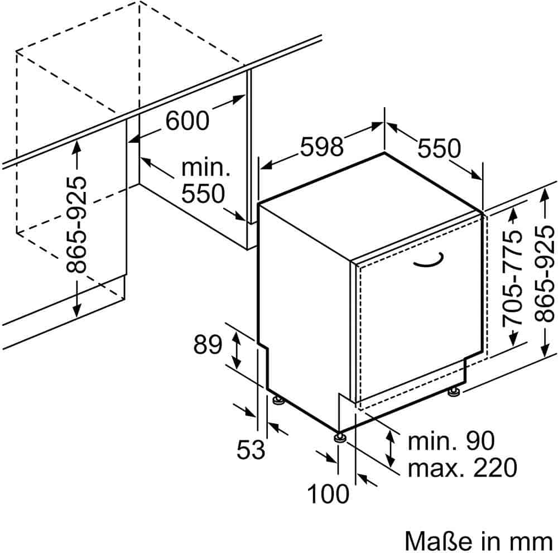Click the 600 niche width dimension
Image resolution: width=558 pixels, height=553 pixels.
pyautogui.click(x=187, y=121)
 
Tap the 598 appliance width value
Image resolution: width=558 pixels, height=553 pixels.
pyautogui.click(x=321, y=146)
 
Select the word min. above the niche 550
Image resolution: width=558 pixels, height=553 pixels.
pyautogui.click(x=206, y=167)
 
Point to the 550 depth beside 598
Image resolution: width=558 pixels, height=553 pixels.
pyautogui.click(x=440, y=148)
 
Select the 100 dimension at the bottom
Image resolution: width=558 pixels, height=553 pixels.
pyautogui.click(x=328, y=494)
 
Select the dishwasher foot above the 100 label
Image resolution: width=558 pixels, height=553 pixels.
pyautogui.click(x=339, y=438)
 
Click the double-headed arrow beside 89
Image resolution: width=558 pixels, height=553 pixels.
pyautogui.click(x=237, y=349)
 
